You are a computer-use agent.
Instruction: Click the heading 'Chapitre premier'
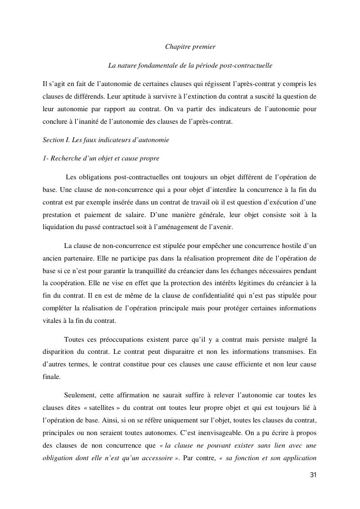pos(190,47)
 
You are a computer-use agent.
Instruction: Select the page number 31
pos(313,475)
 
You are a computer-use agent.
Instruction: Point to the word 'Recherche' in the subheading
pos(64,159)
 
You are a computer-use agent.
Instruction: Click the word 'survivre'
pos(135,96)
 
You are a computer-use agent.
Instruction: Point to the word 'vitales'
pos(52,321)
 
